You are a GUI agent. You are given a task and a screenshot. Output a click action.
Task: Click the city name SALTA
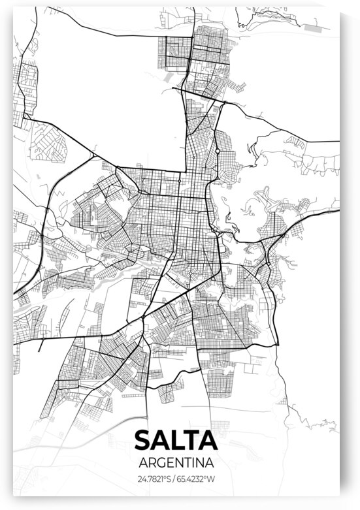click(x=175, y=440)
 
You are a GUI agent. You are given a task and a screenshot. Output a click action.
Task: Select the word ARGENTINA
click(x=175, y=462)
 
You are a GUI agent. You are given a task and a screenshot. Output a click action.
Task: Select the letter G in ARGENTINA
click(x=159, y=462)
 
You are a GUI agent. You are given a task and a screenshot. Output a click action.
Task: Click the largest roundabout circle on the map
click(x=217, y=151)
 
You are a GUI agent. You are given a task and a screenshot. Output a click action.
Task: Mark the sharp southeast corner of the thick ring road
click(x=277, y=343)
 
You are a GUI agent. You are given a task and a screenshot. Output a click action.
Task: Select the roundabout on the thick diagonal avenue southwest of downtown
click(x=143, y=318)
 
